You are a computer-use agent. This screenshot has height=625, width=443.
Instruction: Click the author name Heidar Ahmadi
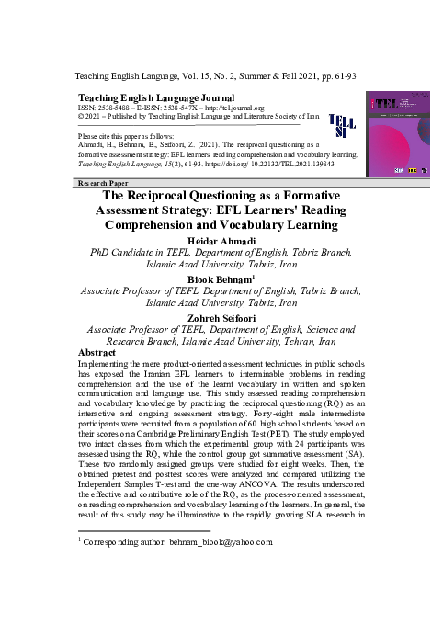(221, 242)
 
